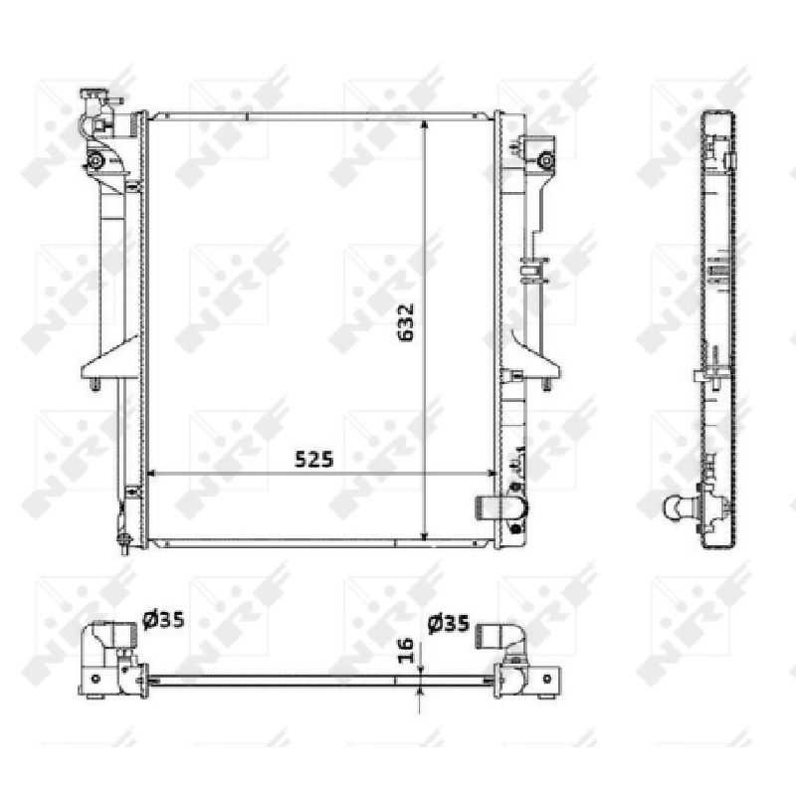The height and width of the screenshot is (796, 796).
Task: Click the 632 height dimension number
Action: (406, 322)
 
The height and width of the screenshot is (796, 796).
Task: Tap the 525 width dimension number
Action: (314, 460)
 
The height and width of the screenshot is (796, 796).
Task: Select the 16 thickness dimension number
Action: (405, 651)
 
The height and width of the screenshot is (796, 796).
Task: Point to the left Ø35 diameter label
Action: (163, 620)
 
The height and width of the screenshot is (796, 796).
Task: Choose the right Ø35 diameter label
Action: (449, 624)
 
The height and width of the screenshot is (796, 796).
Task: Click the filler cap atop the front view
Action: (92, 97)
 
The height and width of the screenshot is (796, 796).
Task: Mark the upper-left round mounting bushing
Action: (96, 161)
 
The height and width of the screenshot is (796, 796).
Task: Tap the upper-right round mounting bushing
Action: (545, 161)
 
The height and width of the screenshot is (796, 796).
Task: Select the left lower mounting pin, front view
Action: (95, 384)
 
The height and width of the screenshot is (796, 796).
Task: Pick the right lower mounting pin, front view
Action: (546, 384)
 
